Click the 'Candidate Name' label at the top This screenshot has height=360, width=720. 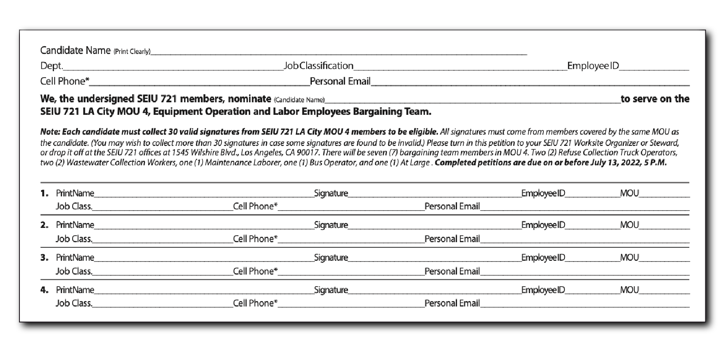(x=75, y=51)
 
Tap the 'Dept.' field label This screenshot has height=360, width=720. (x=51, y=66)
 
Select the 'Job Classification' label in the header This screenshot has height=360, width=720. (x=319, y=66)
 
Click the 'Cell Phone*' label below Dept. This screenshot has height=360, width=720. (x=65, y=81)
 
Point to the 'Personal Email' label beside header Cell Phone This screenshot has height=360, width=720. (x=340, y=81)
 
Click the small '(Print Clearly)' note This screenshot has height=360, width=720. (x=132, y=52)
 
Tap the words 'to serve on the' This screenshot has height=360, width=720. (x=655, y=99)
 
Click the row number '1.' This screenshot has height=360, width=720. (x=44, y=193)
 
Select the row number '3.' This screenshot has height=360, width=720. (x=44, y=258)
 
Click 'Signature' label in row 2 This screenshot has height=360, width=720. (x=331, y=225)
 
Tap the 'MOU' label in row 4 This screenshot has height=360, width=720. (x=629, y=290)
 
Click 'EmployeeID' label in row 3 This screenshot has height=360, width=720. (x=543, y=258)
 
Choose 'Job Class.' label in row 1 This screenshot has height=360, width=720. (x=74, y=206)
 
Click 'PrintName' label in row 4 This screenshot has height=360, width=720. (x=75, y=290)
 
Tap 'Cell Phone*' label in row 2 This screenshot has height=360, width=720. (x=255, y=239)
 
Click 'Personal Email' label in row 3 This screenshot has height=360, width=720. (x=452, y=271)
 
